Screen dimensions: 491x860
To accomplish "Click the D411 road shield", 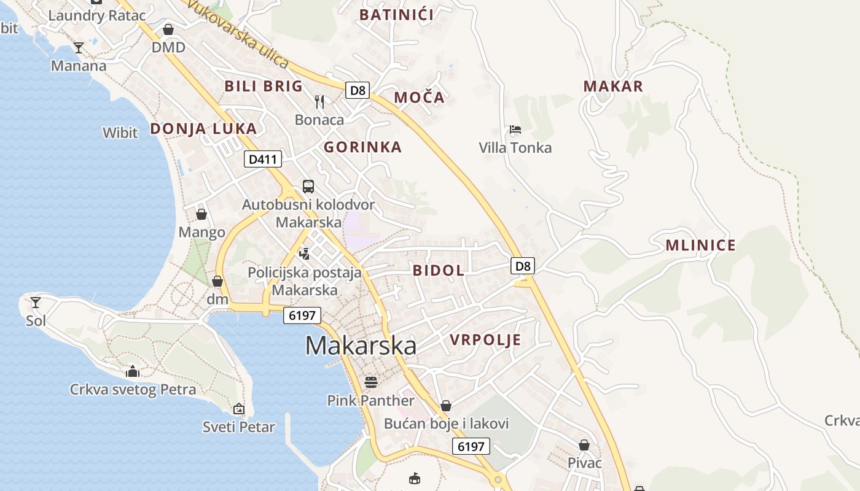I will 263,160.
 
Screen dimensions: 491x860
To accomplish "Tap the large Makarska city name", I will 361,346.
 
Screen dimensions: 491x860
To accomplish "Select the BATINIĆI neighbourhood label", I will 396,15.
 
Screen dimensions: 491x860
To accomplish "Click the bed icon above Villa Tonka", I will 515,130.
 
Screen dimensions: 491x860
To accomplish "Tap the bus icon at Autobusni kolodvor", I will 308,187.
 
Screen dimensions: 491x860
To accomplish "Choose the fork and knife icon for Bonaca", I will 319,102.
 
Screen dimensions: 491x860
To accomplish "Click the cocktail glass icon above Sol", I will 36,302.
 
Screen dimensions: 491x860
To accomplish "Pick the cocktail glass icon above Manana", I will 79,47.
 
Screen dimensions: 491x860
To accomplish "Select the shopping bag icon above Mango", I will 201,214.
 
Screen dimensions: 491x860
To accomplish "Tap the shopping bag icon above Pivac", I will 584,445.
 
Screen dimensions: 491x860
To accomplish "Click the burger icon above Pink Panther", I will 370,382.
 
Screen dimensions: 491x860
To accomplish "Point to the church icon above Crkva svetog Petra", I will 133,371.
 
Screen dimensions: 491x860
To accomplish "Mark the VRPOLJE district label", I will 485,340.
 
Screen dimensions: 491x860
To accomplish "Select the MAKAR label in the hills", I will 613,87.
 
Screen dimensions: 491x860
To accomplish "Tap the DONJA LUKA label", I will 203,129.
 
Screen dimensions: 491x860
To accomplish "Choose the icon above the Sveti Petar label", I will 239,409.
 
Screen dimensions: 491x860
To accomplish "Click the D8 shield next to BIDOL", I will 523,266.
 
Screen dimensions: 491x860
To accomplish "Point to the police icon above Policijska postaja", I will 304,253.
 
